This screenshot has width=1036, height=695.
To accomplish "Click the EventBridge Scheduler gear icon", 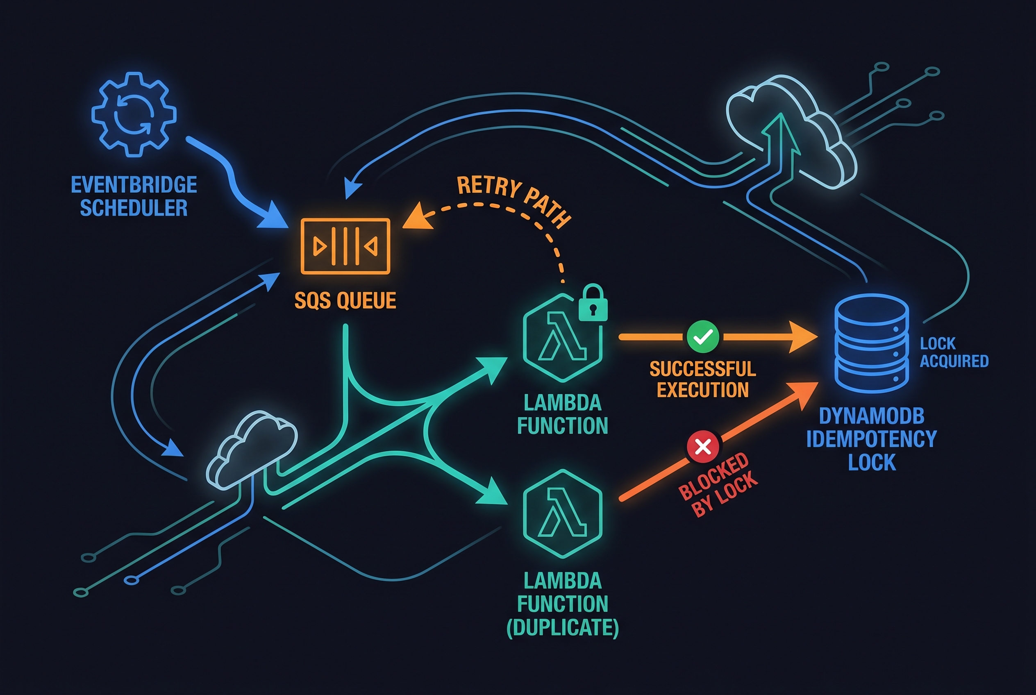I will tap(134, 115).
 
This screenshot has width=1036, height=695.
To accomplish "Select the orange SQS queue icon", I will tap(345, 246).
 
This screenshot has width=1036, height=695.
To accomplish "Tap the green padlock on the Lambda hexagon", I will tap(593, 304).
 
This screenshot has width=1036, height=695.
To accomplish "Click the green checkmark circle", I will tap(703, 336).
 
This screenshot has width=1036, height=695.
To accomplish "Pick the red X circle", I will tap(703, 446).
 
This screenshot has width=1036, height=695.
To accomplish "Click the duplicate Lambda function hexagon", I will tap(563, 513).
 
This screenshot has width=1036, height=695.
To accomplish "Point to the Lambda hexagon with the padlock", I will tap(562, 338).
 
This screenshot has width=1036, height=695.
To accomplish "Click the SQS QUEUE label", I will tap(345, 300).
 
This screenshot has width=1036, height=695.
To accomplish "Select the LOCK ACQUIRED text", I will tap(954, 352).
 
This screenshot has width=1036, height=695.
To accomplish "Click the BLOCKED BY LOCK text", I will tap(718, 485).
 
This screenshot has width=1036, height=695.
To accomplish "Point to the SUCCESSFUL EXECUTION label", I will tap(703, 379).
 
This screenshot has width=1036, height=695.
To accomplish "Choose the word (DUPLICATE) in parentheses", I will tap(563, 627).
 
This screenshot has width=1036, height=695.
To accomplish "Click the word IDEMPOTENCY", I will tap(872, 439).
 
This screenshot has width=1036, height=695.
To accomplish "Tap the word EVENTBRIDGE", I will tap(134, 185).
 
